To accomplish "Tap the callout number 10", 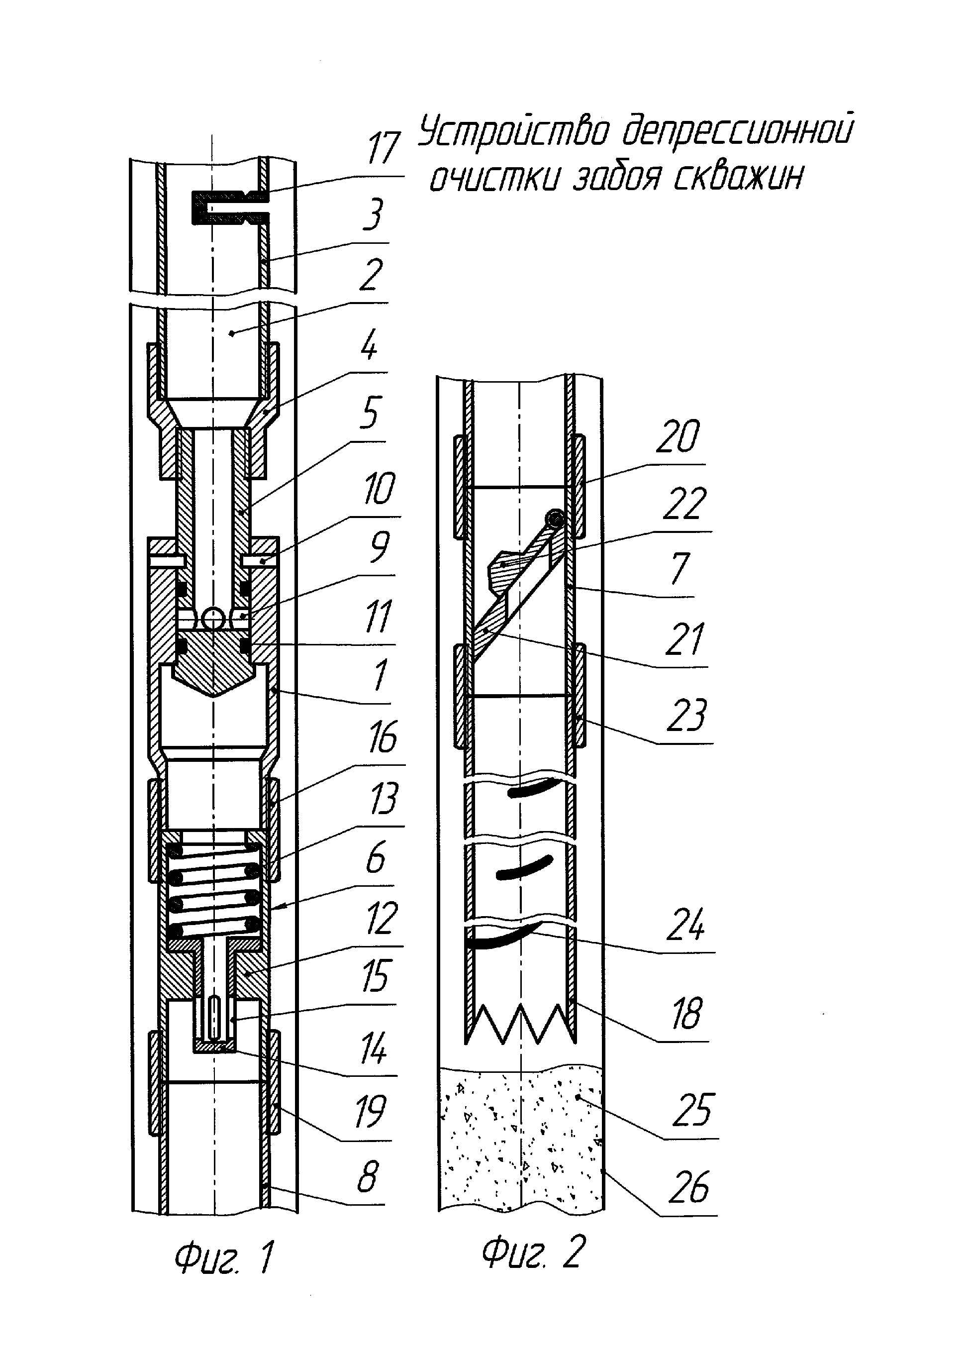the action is (x=379, y=489).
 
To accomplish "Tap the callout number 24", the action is (x=685, y=925).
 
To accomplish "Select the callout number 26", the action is (x=689, y=1188).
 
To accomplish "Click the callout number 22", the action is (x=684, y=504).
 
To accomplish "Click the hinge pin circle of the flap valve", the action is (x=557, y=519).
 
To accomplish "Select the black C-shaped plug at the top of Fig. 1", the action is (x=230, y=208).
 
